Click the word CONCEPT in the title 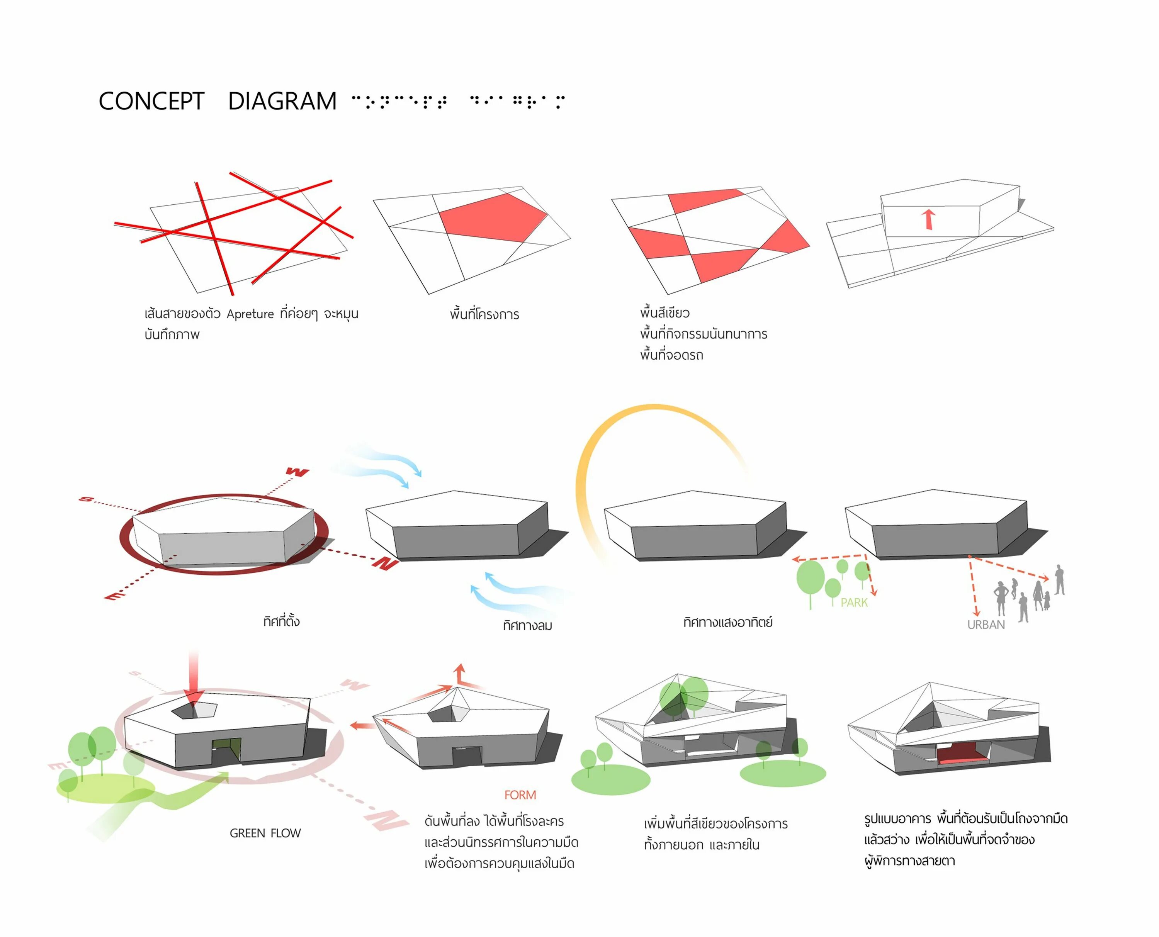click(x=151, y=102)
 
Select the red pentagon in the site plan click(x=491, y=217)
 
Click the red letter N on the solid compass click(x=386, y=564)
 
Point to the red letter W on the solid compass click(x=297, y=472)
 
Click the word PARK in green click(x=854, y=603)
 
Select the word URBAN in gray click(x=986, y=625)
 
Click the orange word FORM click(x=520, y=795)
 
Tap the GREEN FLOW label click(x=265, y=833)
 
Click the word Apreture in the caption click(x=250, y=314)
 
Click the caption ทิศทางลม click(x=527, y=626)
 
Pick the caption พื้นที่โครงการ click(x=484, y=314)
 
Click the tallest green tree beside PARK click(x=810, y=577)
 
